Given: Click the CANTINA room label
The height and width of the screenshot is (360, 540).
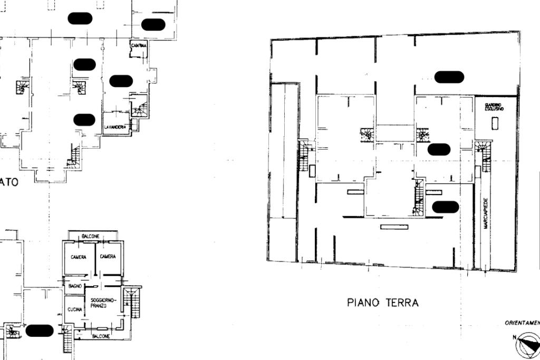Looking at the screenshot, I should tap(138, 46).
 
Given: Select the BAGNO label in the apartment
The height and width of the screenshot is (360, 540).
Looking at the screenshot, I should tap(74, 286).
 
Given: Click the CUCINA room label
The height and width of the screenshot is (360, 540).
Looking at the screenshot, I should tap(75, 309).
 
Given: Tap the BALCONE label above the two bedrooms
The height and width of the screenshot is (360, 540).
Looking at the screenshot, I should tap(90, 236).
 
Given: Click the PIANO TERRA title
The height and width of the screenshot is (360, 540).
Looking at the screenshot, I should tap(383, 303).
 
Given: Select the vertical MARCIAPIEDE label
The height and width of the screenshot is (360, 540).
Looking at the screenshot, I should tap(485, 213).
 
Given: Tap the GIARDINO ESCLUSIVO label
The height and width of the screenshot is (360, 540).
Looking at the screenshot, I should tap(494, 108).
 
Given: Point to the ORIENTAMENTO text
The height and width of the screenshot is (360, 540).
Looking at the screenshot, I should tap(522, 323).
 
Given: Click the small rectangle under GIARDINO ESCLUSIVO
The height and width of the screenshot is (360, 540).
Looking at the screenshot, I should tap(495, 123).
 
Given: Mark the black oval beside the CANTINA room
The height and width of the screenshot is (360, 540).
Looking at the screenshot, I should tap(153, 24).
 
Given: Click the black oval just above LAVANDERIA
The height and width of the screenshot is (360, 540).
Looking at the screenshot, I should tap(84, 120).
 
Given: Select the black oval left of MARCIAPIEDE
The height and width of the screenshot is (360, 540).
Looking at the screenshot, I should tap(445, 207).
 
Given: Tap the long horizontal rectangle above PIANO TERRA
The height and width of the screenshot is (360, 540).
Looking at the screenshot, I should tap(394, 227).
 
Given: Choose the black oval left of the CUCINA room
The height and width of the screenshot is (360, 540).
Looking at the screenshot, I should tap(40, 330).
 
